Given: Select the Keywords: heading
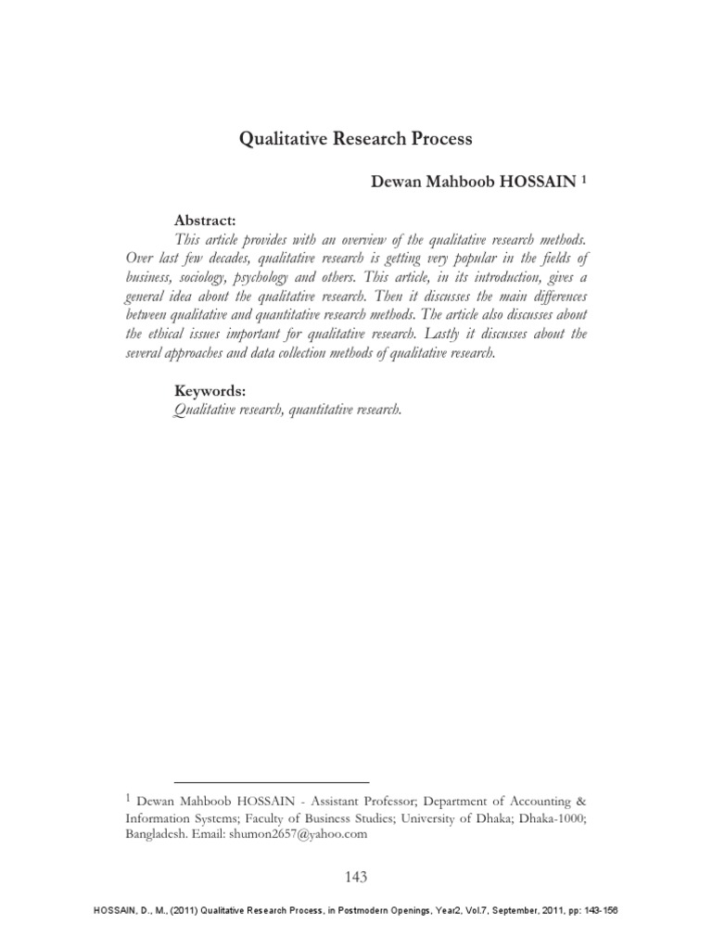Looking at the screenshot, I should point(210,392).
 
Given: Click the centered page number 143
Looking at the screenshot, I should point(355,878).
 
